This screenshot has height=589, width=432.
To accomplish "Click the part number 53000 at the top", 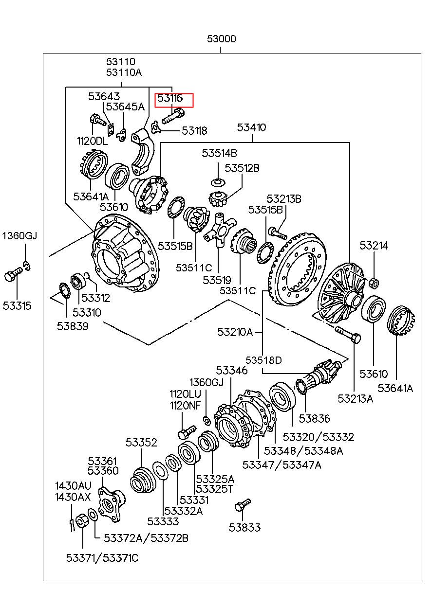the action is [221, 39].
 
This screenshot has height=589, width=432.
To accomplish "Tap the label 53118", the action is [194, 131].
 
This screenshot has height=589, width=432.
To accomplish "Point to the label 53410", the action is [251, 127].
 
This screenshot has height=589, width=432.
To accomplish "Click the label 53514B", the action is [219, 153].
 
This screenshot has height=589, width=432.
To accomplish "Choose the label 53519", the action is [217, 280].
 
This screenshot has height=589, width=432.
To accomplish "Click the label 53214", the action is [374, 246].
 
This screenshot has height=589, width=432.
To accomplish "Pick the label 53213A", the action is [356, 399].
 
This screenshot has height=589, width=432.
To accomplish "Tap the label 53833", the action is [244, 533].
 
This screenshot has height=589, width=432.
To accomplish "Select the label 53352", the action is [141, 443].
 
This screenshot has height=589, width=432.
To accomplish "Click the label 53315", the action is [17, 306].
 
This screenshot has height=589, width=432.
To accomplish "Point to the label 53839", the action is [73, 326].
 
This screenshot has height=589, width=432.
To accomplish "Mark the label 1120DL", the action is [93, 142].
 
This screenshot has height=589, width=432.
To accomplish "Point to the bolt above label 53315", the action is [14, 273].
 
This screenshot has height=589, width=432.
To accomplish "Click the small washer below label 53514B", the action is [218, 182].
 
